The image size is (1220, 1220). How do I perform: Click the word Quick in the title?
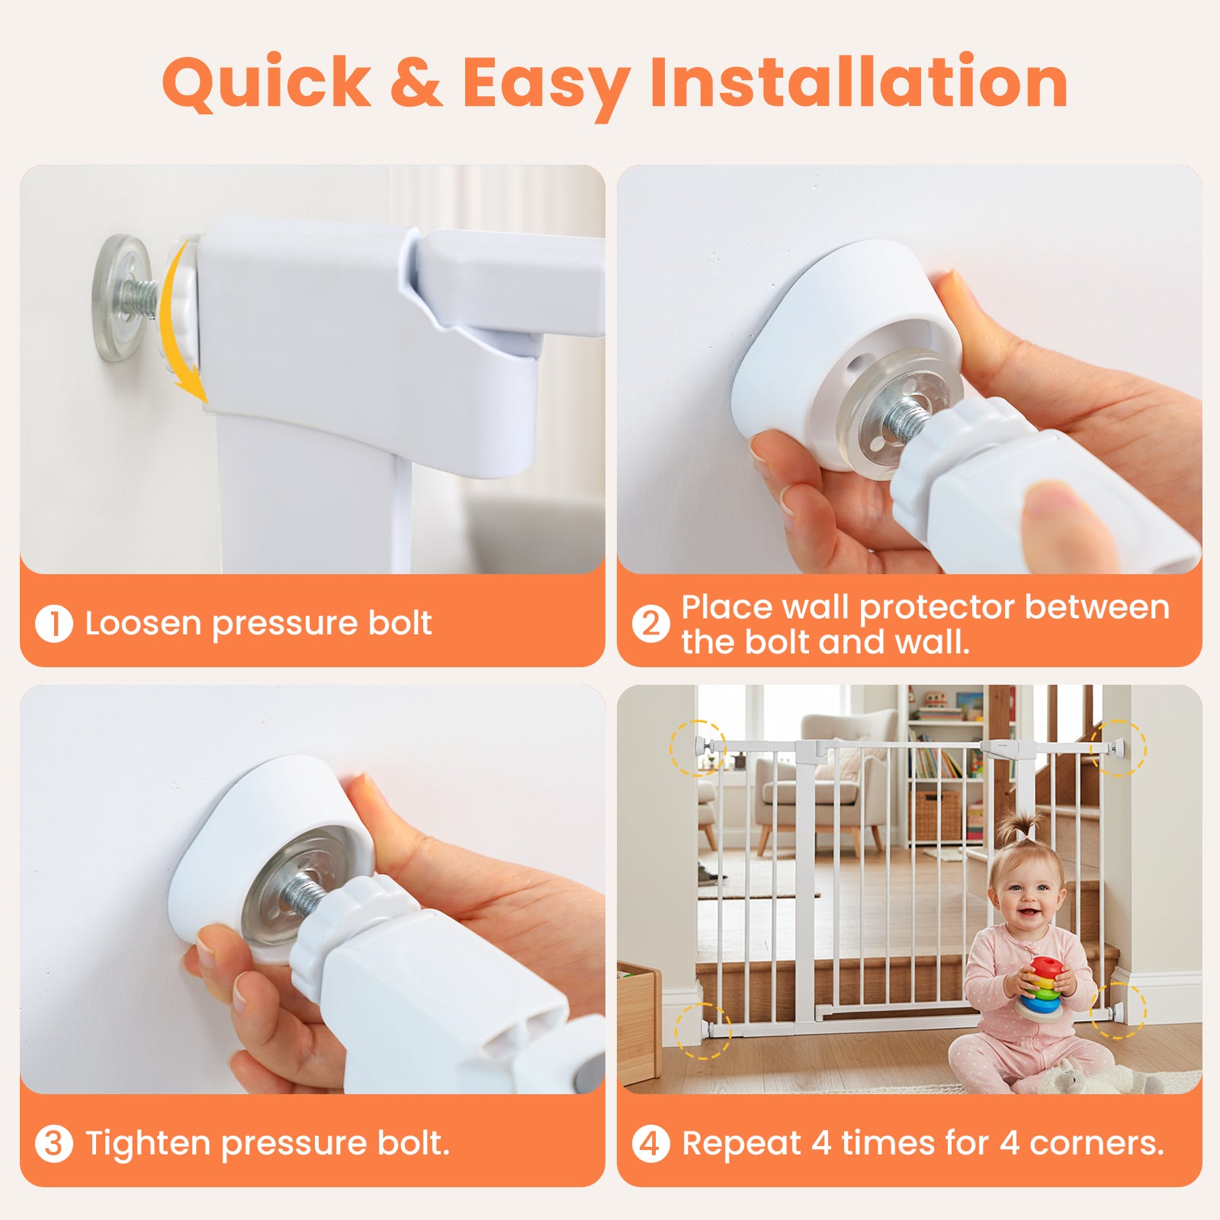pos(266,82)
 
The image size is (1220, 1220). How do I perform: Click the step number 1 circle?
pos(54,624)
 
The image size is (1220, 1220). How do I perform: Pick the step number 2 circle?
pos(650,624)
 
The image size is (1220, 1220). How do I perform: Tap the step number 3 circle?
pos(54,1144)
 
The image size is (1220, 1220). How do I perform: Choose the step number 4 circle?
pos(650,1144)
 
